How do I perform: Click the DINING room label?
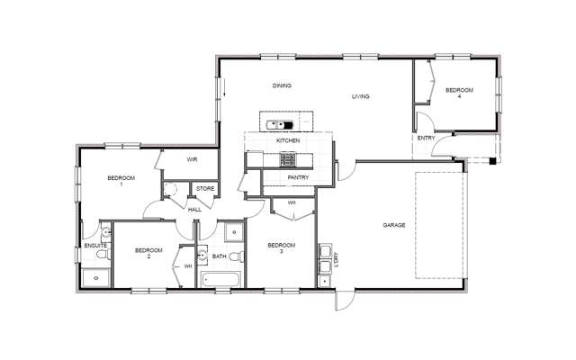click(x=282, y=85)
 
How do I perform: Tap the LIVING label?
click(x=361, y=96)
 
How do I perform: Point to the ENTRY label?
click(x=427, y=139)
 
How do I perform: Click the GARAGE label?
click(x=393, y=224)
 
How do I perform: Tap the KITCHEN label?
click(x=288, y=141)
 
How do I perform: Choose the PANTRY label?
click(x=299, y=177)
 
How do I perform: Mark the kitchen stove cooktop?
click(x=287, y=160)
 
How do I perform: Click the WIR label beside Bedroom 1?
click(x=192, y=159)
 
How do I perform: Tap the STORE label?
click(x=205, y=188)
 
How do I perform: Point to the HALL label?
click(x=194, y=210)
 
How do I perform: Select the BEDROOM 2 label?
click(x=148, y=252)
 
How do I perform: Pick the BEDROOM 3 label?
click(x=281, y=247)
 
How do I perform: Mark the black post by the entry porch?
click(x=491, y=162)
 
